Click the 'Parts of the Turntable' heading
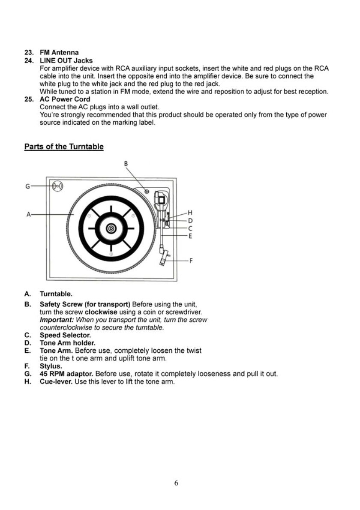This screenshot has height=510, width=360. [x=63, y=147]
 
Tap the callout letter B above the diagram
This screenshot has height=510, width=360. [x=126, y=163]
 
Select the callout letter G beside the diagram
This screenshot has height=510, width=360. [x=28, y=186]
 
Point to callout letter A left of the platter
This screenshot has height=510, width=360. [x=28, y=214]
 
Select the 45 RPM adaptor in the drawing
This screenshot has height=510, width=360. [x=57, y=186]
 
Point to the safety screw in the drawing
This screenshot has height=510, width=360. [x=147, y=191]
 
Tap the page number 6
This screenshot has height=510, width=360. [x=176, y=483]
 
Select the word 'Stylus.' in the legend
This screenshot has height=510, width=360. [x=51, y=366]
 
